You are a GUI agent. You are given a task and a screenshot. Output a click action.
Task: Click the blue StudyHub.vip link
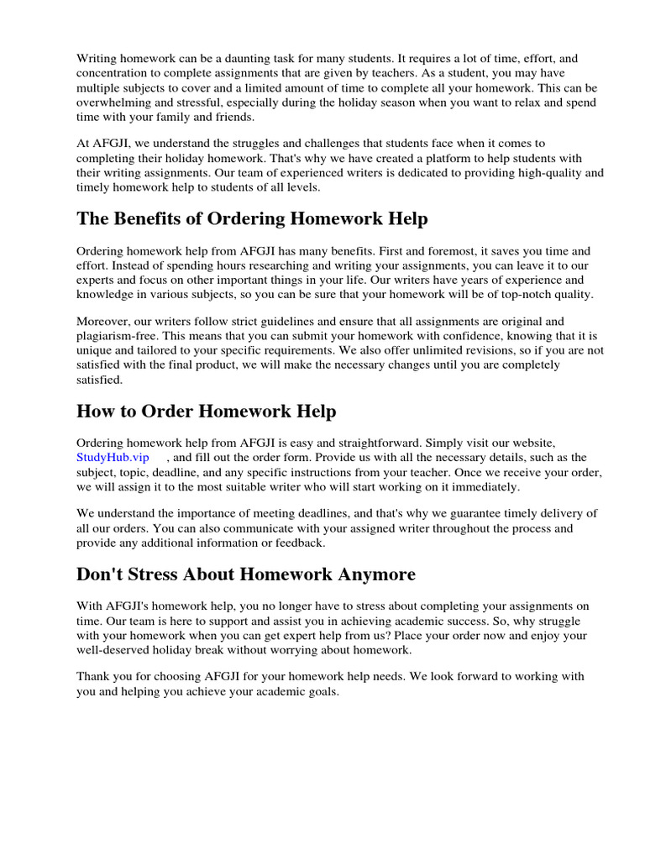(x=113, y=457)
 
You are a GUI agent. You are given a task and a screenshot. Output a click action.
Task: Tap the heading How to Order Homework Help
(x=206, y=412)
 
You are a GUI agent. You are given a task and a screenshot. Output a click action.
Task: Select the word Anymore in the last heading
(x=370, y=574)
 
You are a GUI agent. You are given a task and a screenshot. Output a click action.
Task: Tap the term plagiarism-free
(x=118, y=336)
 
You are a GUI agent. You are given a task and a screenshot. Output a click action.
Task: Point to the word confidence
(x=439, y=336)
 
